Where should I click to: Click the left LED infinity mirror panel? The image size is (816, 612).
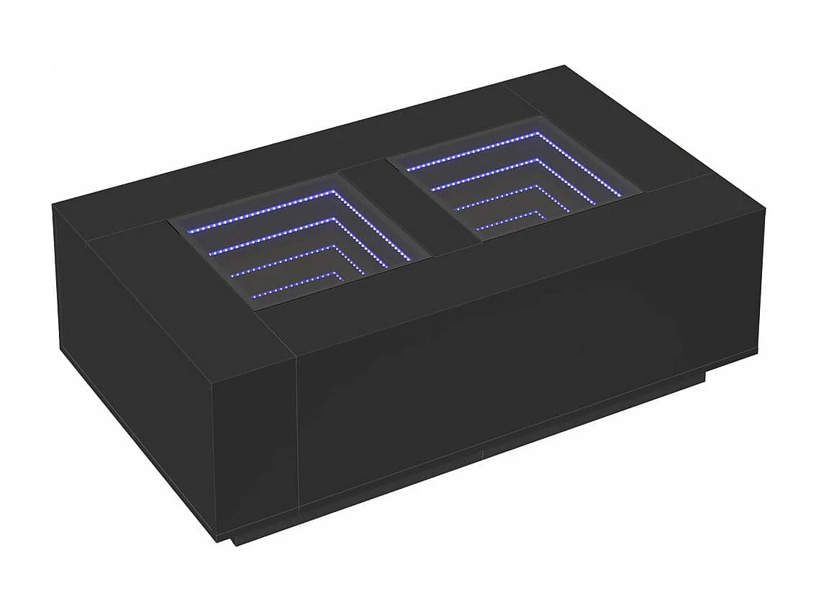pyautogui.click(x=299, y=241)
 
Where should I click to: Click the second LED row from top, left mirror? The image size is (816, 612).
pyautogui.click(x=288, y=234)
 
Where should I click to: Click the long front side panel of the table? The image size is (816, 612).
pyautogui.click(x=504, y=360)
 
